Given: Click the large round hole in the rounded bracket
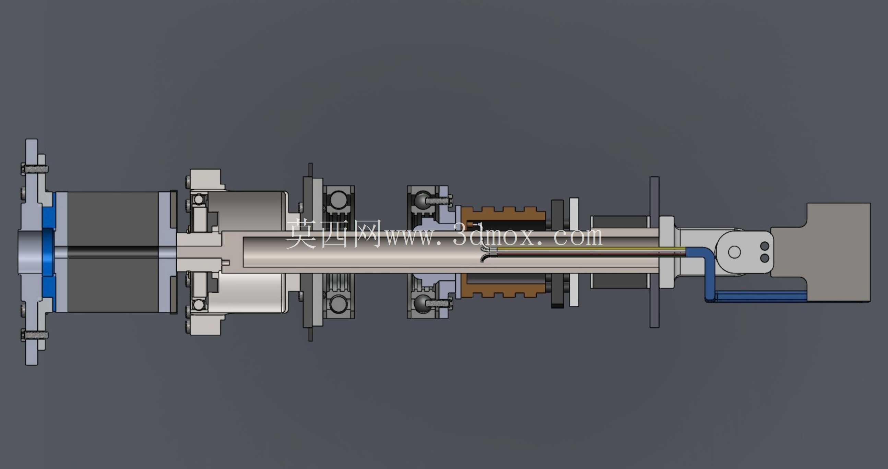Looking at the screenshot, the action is (x=734, y=252).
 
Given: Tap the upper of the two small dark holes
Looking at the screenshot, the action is (x=765, y=246).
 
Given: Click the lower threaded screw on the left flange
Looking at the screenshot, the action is (x=35, y=334).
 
